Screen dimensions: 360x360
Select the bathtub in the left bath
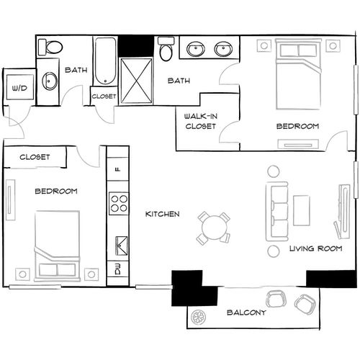(x=104, y=60)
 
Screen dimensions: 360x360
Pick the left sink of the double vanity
(x=194, y=50)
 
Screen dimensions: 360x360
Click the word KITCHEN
(x=162, y=215)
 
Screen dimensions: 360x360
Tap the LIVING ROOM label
(x=315, y=248)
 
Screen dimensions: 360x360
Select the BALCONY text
(x=247, y=313)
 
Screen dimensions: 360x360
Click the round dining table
(x=214, y=228)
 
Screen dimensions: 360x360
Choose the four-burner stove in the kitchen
(x=117, y=204)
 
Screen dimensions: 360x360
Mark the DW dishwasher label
(x=117, y=271)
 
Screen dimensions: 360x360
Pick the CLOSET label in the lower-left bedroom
(x=34, y=157)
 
